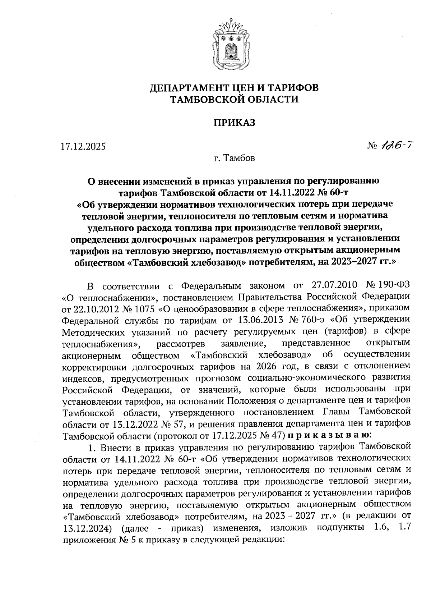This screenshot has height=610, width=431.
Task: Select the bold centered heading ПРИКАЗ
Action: click(x=235, y=123)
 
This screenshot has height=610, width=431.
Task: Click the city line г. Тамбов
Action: click(x=235, y=158)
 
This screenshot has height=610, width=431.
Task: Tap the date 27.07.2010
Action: click(x=333, y=286)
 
